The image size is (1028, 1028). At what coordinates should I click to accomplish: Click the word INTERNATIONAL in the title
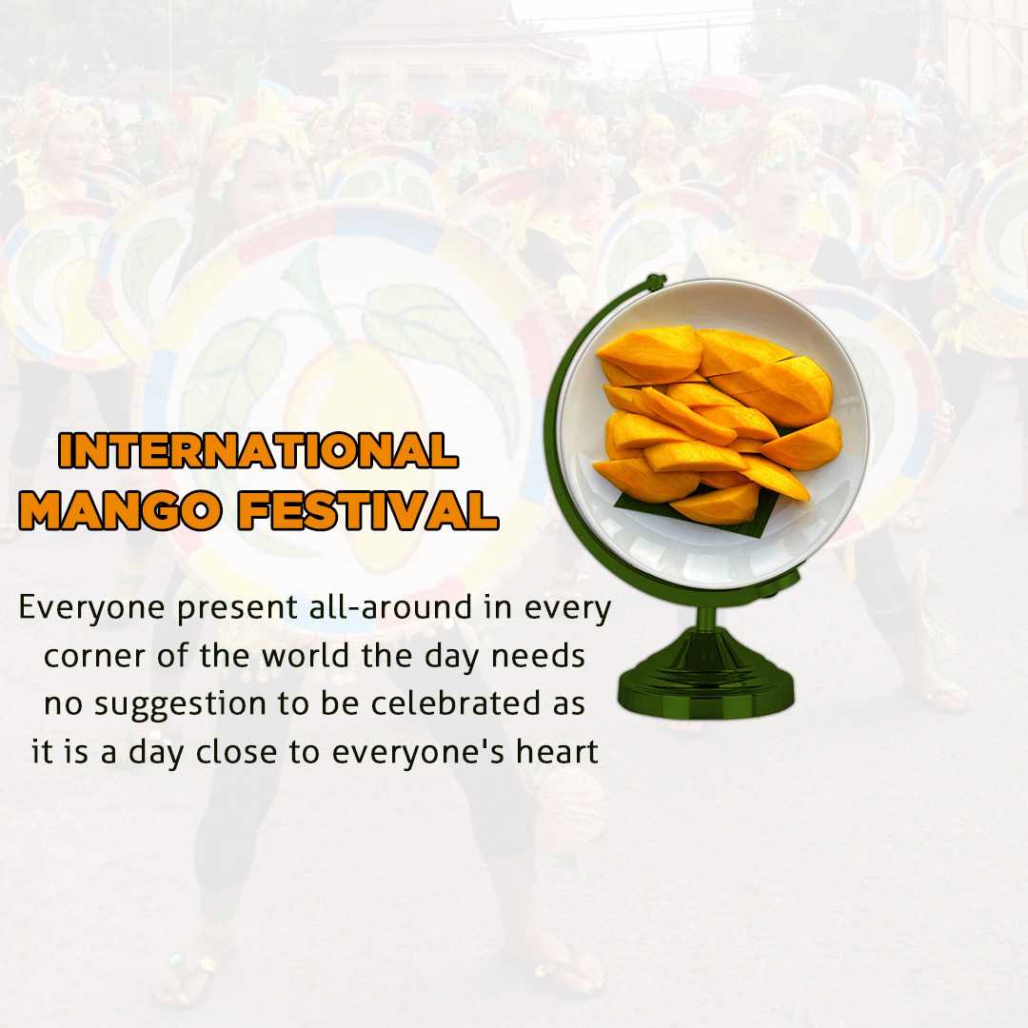(258, 450)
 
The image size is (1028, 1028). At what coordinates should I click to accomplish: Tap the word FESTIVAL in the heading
(367, 510)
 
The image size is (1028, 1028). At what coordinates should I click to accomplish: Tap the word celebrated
(452, 702)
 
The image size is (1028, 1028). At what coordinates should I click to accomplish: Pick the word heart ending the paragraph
(557, 751)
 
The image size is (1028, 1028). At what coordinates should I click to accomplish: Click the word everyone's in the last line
(417, 753)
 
